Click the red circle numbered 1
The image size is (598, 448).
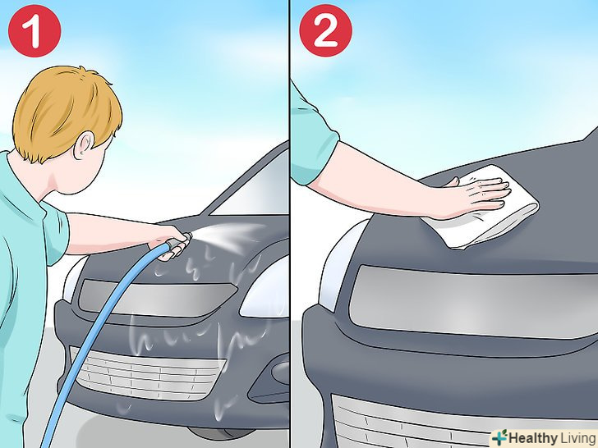pos(34,31)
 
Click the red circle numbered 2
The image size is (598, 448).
pos(325,30)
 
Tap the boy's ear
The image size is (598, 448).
pos(84,145)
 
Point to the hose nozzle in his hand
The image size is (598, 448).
pos(179,240)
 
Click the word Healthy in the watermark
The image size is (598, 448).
pos(533,438)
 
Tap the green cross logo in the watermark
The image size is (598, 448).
pos(499,437)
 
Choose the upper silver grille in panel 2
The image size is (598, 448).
pos(473,301)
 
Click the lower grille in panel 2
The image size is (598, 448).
pos(412,423)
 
